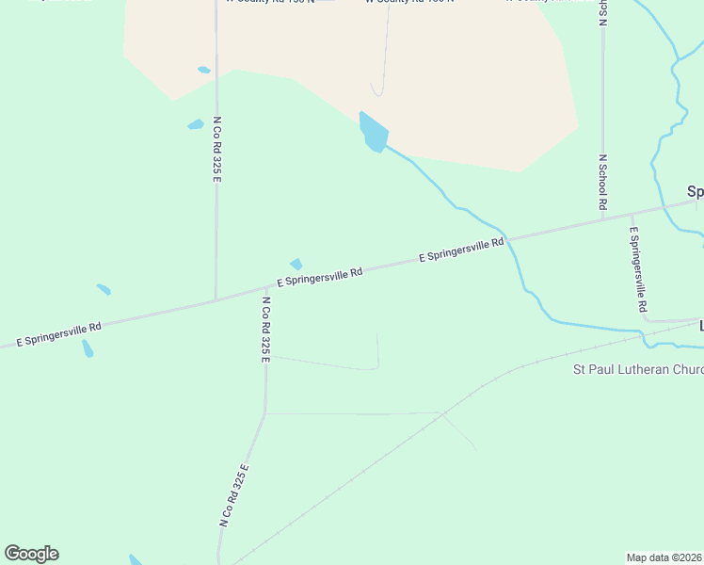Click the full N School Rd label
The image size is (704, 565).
[601, 182]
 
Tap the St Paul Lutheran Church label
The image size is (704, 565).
[638, 369]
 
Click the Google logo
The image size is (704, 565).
[31, 554]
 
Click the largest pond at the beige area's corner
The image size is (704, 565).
[373, 133]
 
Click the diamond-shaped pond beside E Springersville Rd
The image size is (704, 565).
[296, 265]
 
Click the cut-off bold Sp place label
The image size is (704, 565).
[696, 192]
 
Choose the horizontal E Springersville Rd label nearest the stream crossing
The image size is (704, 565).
[461, 250]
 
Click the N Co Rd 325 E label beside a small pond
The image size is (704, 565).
[216, 150]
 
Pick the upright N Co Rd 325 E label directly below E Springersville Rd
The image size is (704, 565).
[266, 330]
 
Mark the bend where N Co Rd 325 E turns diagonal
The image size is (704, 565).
[265, 413]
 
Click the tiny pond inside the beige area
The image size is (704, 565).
[203, 70]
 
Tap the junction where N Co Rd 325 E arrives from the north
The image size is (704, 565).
[216, 300]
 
